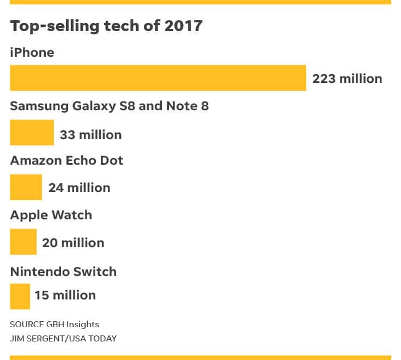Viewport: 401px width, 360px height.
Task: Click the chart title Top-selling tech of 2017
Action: click(x=106, y=26)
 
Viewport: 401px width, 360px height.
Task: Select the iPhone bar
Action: click(x=158, y=78)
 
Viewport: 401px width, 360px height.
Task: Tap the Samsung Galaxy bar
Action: click(x=32, y=133)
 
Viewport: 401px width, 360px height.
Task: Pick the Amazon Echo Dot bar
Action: click(x=26, y=187)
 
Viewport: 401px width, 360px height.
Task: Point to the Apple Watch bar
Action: click(x=23, y=242)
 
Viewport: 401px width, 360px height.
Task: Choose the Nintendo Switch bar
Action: click(x=20, y=296)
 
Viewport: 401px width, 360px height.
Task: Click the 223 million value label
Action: click(x=347, y=79)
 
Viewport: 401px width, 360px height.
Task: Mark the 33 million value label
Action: click(x=90, y=134)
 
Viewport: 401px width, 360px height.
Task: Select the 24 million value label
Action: click(x=79, y=188)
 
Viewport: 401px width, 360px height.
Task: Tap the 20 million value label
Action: click(x=73, y=242)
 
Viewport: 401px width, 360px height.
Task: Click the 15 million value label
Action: click(x=65, y=295)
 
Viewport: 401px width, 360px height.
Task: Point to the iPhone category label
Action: click(x=32, y=52)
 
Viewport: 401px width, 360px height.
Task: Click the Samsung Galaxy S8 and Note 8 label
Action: click(x=109, y=106)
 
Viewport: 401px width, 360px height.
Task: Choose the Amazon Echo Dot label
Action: click(x=66, y=160)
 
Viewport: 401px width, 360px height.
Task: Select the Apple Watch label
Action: click(x=51, y=215)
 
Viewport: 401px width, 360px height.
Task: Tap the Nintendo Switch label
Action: click(x=63, y=271)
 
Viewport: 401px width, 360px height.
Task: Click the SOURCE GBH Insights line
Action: click(x=54, y=324)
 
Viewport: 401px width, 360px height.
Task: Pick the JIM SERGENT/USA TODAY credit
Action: click(x=63, y=338)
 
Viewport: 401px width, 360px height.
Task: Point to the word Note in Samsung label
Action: click(x=182, y=106)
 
